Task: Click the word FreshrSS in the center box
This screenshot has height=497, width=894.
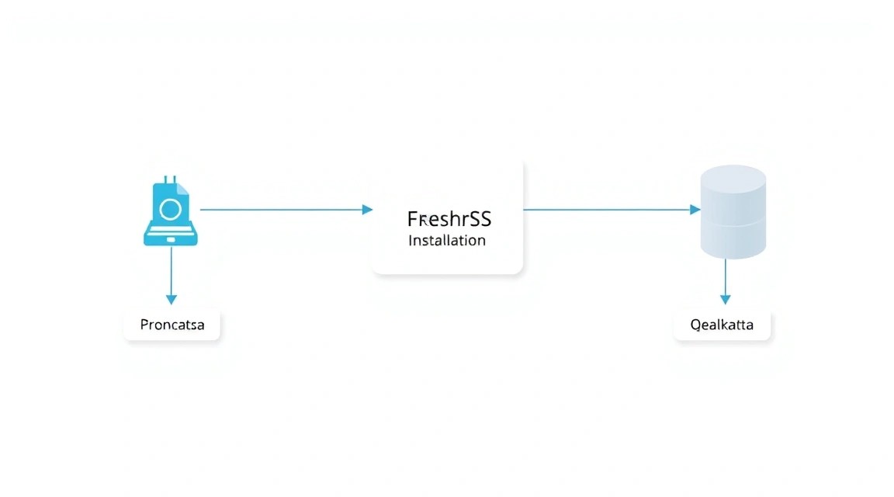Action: point(449,219)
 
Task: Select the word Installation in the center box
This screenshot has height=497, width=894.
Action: point(447,240)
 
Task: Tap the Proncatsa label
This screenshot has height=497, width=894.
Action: point(172,325)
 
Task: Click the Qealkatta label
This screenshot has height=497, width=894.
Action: point(722,325)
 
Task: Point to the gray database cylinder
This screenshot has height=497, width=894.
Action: point(733,212)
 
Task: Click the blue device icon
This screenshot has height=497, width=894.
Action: point(171,211)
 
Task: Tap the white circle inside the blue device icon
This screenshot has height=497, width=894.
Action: point(171,210)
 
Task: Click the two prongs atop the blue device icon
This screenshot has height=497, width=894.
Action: point(170,179)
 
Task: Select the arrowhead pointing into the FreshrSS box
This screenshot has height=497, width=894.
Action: point(368,210)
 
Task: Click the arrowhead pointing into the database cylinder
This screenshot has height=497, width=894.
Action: point(695,210)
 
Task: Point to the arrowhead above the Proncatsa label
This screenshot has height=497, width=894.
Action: point(171,300)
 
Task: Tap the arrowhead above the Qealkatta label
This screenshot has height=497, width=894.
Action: point(726,300)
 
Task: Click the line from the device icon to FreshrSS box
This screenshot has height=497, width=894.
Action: point(282,210)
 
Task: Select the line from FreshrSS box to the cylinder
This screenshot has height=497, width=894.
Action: point(607,210)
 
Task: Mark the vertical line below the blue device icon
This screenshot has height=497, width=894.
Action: point(171,271)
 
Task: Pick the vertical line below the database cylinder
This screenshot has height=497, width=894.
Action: point(726,277)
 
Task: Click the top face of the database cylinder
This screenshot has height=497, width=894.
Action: point(733,179)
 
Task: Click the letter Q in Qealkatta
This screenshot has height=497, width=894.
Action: point(695,325)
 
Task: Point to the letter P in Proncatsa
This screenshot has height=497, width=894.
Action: point(145,324)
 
